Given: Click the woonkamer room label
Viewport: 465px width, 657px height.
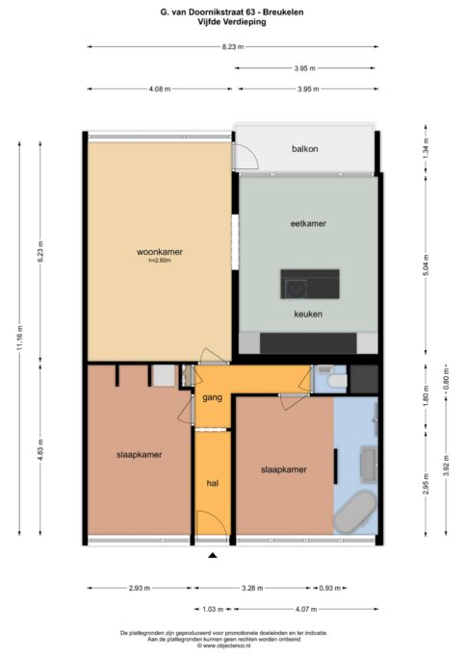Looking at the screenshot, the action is pos(160,252).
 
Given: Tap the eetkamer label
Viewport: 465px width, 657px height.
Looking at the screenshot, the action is pos(308,223).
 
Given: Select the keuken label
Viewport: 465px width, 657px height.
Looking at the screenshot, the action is pos(308,314).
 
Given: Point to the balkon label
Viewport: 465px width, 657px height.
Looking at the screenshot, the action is pos(305,149).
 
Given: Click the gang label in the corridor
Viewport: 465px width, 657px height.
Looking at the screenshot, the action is pos(212,397).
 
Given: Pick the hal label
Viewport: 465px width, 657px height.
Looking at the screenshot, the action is pos(213,483).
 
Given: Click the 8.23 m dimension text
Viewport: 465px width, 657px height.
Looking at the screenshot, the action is pos(233,47).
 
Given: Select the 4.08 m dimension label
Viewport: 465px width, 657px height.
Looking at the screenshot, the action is pos(160,88).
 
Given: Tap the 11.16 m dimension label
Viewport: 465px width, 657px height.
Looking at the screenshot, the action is pos(19,339).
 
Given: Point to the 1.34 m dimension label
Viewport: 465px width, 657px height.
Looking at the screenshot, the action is pos(426,148).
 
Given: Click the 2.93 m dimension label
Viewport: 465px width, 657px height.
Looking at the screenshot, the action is pos(140,588).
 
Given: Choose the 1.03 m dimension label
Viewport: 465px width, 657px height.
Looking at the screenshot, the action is pos(213,609).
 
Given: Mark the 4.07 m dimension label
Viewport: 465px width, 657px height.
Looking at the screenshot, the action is pos(306,609).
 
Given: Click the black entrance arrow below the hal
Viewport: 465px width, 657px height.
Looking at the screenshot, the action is pos(213,556).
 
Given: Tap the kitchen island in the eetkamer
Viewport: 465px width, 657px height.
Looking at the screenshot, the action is pos(310,284).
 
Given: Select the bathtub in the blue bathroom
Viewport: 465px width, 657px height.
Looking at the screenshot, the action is pos(355,512).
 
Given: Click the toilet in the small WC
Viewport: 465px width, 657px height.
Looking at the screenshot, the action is pos(338,381).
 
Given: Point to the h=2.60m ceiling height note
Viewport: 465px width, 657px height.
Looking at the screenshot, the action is pos(160,260).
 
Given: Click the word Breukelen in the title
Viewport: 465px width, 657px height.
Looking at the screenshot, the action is pos(283,13).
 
